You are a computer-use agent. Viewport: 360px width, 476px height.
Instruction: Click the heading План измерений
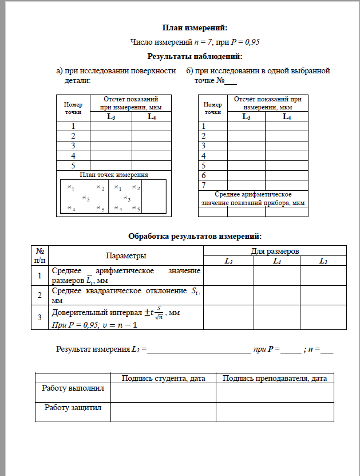pos(195,27)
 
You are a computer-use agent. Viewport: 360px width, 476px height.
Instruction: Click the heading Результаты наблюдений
pos(195,56)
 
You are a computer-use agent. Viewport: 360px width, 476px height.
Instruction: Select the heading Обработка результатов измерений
pos(195,235)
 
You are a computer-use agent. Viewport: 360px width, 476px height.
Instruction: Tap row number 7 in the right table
pos(204,184)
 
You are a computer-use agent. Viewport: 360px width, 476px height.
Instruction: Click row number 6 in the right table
pos(204,175)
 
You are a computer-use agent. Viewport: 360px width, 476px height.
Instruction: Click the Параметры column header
pos(126,255)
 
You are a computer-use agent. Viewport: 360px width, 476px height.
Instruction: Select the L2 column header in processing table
pos(323,261)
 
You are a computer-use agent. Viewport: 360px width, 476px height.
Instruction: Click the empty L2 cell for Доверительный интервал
pos(323,317)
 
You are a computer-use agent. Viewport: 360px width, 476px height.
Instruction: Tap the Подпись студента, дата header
pos(163,378)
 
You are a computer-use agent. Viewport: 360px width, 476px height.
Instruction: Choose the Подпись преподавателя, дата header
pos(274,378)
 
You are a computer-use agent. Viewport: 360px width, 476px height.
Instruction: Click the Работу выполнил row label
pos(72,388)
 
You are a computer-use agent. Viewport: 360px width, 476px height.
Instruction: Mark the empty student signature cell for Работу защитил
pos(163,411)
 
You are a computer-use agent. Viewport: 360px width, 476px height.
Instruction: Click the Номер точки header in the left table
pos(73,109)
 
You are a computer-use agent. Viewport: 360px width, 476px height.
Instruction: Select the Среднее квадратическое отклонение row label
pos(125,295)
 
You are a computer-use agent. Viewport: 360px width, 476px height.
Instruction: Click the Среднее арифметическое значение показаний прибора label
pos(252,199)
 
